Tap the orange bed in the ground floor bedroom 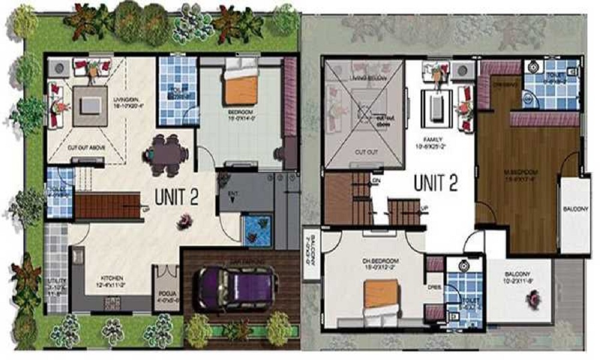pos(241,88)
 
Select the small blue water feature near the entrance pos(255,230)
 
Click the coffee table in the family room pos(437,106)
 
